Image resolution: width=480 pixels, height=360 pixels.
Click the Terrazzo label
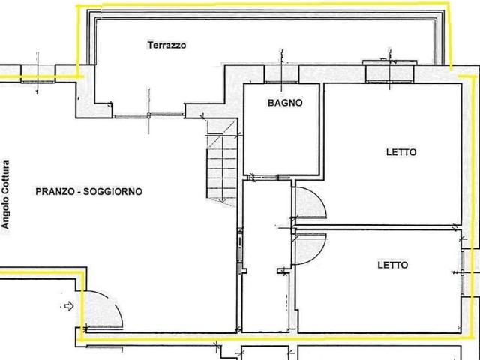[x=166, y=45]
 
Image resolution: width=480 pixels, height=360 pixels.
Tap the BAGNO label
[x=285, y=103]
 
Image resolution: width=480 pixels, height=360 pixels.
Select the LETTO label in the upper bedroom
[x=401, y=152]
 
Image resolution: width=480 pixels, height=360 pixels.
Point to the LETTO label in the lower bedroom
[x=393, y=265]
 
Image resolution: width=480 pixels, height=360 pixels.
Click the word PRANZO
[x=55, y=192]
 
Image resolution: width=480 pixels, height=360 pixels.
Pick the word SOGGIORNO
[x=112, y=192]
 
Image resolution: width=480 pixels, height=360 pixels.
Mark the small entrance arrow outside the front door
[x=69, y=305]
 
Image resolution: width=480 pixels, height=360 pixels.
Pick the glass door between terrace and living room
[x=148, y=115]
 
